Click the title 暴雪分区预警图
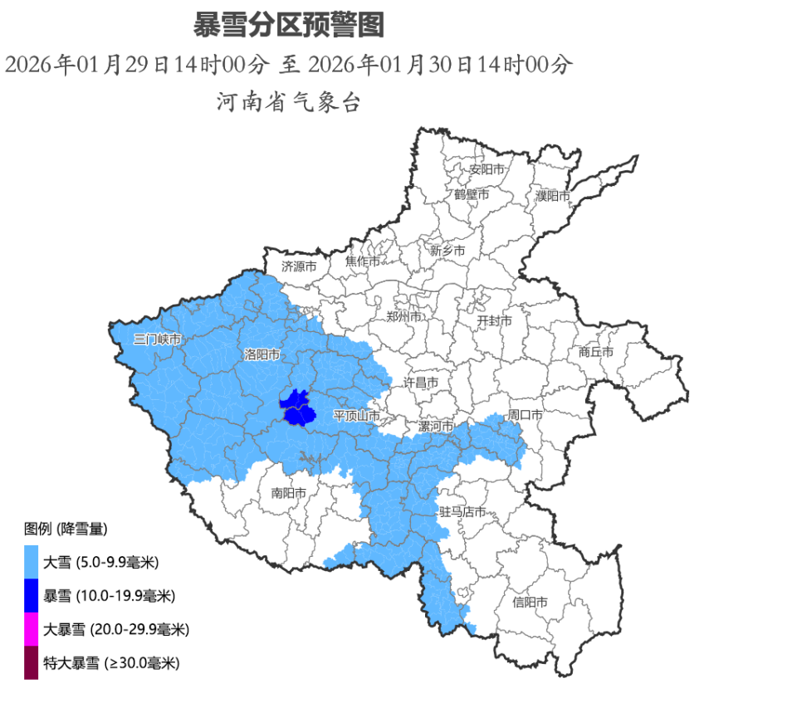[x=289, y=26]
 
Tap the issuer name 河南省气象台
[x=289, y=103]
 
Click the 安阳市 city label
[x=487, y=169]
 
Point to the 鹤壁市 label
[x=472, y=194]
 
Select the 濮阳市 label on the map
[x=553, y=197]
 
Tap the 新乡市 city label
[x=447, y=250]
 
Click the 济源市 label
[x=299, y=267]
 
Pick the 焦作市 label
[x=363, y=261]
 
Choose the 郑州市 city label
[x=404, y=317]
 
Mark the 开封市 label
[x=494, y=320]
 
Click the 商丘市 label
[x=596, y=352]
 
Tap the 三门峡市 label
[x=157, y=339]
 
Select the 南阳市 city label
[x=289, y=493]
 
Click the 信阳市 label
[x=530, y=602]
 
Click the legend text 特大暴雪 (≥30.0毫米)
[x=111, y=663]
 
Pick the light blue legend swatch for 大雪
[x=32, y=563]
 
